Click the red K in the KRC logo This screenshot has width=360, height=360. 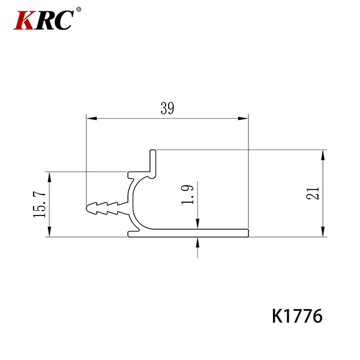click(23, 20)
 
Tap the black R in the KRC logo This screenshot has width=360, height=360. click(45, 20)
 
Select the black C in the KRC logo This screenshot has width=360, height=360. click(64, 20)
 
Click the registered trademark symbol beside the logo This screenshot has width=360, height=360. click(79, 10)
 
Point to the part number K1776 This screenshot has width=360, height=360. click(297, 316)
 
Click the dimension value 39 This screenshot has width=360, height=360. click(167, 108)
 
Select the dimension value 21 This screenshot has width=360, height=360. click(313, 193)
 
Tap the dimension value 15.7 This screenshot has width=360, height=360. click(40, 205)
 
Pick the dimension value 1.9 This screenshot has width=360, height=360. click(188, 194)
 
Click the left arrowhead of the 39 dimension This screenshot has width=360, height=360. click(91, 118)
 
